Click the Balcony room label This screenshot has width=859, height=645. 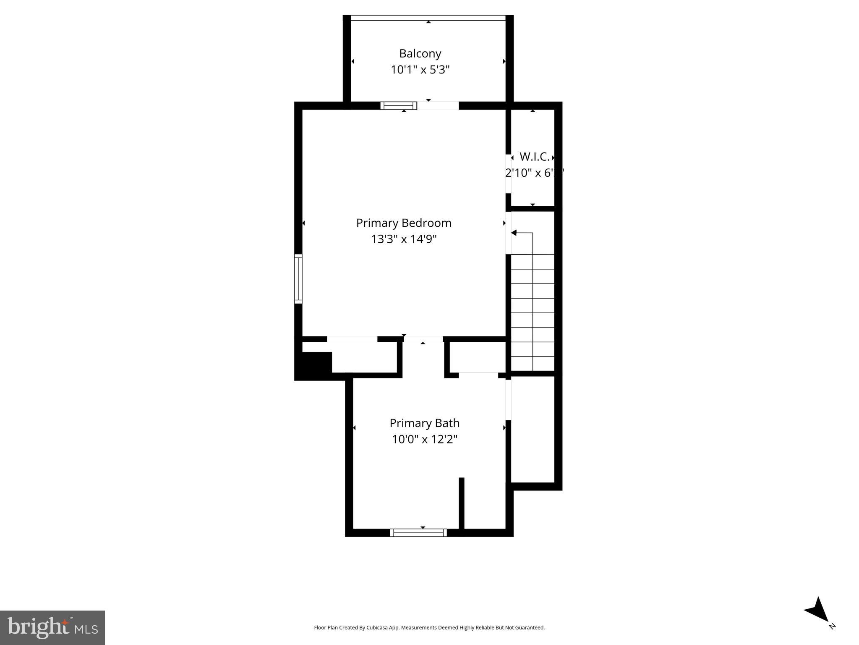420,54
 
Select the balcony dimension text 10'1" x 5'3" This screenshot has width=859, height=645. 420,70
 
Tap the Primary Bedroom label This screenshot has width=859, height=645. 403,223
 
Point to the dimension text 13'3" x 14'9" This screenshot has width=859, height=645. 403,239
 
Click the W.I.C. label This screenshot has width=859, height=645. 534,157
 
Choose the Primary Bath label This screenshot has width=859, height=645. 424,423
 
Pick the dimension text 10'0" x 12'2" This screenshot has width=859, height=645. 424,439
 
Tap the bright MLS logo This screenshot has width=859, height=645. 52,627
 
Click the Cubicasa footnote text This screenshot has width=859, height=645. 429,627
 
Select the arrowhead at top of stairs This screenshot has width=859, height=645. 514,233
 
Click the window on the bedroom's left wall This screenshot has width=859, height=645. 298,279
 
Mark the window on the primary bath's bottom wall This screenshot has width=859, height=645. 418,532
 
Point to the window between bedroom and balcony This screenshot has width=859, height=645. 398,106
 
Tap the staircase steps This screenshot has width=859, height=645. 532,313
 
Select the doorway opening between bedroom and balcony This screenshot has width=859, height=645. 438,106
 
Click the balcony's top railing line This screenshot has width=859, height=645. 428,18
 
